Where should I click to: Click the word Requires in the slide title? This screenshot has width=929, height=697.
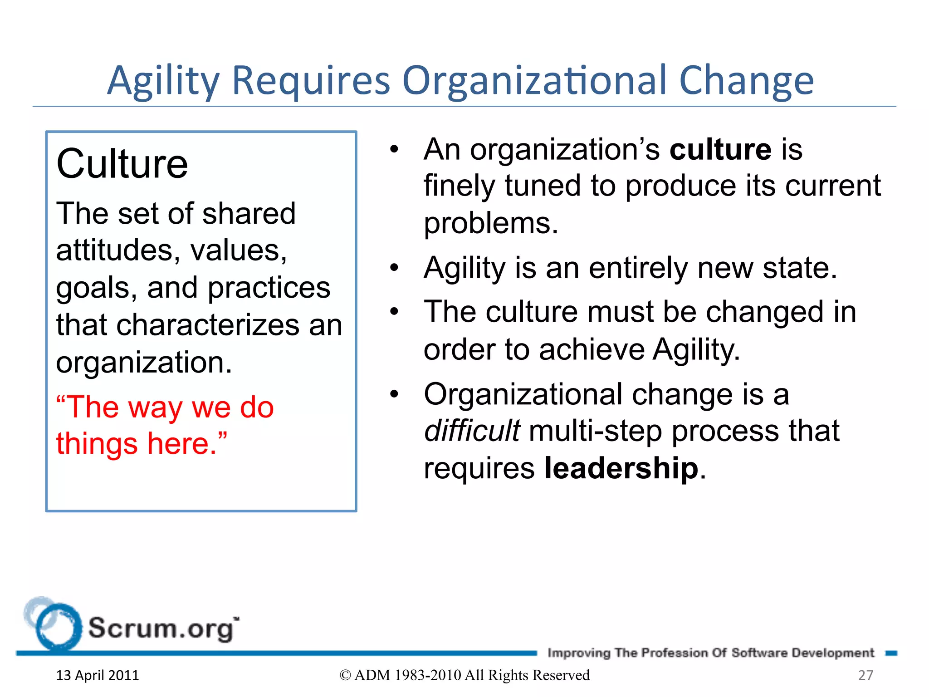coord(311,81)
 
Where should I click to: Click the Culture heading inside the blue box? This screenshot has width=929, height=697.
coord(122,164)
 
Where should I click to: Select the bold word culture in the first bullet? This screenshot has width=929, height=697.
coord(720,149)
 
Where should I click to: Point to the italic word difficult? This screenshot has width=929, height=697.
coord(472,431)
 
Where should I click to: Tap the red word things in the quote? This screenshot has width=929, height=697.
coord(97,444)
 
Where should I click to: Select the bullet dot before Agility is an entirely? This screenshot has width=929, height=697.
coord(394,268)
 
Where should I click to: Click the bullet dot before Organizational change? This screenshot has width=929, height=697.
coord(394,394)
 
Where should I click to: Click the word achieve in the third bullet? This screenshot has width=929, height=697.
coord(592,350)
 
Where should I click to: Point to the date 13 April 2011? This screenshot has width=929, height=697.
coord(97,675)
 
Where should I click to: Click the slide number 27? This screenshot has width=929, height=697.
coord(865,675)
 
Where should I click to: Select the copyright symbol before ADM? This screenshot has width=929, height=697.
coord(345,675)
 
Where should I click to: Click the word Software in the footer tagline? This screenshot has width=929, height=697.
coord(759,653)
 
